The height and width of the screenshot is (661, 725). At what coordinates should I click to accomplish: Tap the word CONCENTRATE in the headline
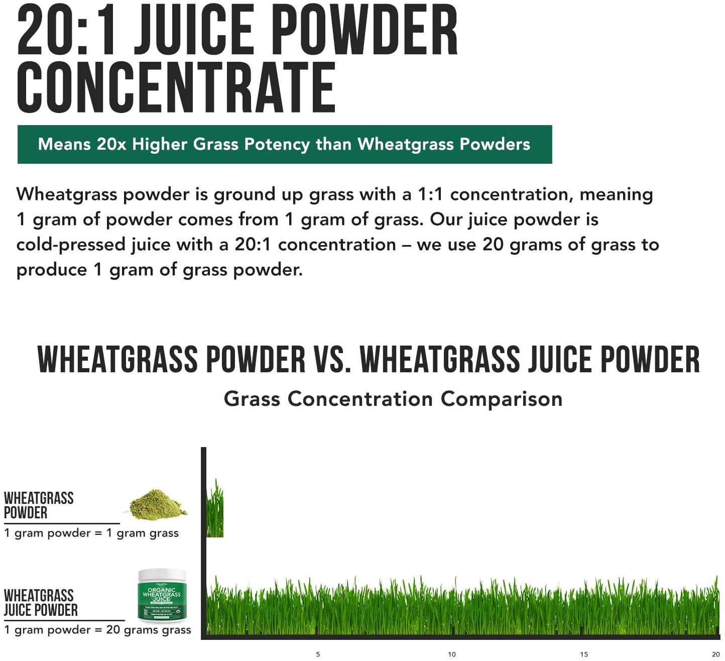click(x=176, y=88)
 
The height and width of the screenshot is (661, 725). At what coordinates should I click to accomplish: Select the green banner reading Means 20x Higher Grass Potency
click(x=284, y=145)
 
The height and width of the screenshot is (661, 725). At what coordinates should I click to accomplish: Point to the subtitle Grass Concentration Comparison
click(x=393, y=399)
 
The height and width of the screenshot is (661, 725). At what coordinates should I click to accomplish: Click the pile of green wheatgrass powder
click(x=157, y=504)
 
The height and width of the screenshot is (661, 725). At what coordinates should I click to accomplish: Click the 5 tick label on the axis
click(x=318, y=654)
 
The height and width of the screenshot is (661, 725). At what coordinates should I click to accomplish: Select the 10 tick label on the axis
click(x=452, y=654)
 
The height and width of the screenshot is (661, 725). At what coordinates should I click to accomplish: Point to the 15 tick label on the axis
click(x=584, y=654)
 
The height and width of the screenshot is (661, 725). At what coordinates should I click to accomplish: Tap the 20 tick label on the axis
click(x=716, y=654)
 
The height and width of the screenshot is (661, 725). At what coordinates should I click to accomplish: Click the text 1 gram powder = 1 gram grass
click(x=91, y=533)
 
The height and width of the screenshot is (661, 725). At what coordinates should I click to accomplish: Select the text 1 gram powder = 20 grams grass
click(x=97, y=630)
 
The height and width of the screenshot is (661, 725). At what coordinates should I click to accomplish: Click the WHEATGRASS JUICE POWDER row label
click(x=41, y=603)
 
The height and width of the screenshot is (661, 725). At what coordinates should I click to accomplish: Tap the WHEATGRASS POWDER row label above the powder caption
click(x=39, y=505)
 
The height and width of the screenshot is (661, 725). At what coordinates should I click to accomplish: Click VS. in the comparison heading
click(x=332, y=360)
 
